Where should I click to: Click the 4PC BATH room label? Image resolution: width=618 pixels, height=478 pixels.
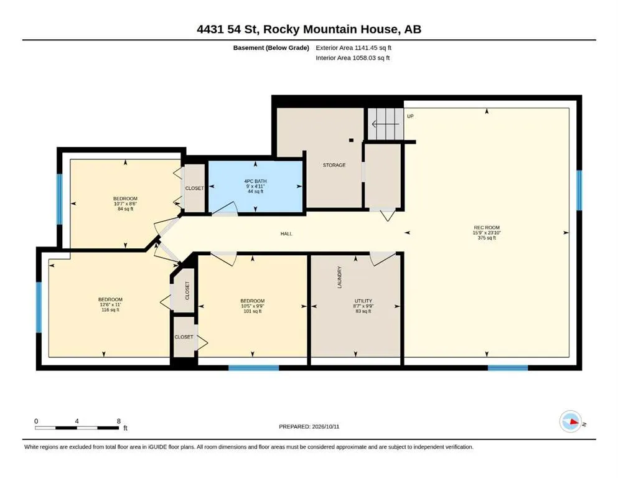255,181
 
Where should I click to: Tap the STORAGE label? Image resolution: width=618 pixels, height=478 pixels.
334,165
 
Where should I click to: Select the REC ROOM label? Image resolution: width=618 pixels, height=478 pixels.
487,227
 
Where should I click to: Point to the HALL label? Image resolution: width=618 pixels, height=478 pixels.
286,233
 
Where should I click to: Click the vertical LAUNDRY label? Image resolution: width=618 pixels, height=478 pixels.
339,277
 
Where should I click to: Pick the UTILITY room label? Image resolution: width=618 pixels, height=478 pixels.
363,301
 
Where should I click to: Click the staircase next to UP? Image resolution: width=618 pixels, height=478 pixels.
386,124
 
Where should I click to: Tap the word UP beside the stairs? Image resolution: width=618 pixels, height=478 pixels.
410,116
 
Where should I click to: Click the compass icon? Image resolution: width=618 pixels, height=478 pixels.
571,421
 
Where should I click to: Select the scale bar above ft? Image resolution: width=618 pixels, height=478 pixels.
77,428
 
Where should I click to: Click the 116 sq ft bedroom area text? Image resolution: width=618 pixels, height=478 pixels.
110,310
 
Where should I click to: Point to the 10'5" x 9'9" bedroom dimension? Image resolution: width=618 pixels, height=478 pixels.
252,306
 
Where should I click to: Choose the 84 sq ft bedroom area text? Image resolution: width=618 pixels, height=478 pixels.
125,209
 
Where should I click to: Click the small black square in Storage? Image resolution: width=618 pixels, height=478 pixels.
351,140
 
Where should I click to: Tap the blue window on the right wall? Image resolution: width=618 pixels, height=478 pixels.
579,190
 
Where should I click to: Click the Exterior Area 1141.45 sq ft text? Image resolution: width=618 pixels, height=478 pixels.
353,48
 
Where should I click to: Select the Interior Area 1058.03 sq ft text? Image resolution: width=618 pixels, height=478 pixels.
353,58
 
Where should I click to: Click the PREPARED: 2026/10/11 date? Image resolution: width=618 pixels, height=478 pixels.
309,426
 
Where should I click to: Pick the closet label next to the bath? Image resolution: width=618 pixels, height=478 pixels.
195,189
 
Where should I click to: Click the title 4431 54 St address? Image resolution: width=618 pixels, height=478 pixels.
228,29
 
